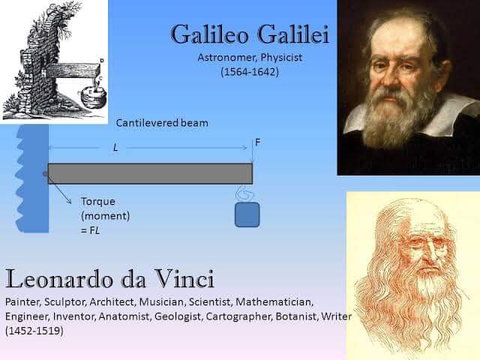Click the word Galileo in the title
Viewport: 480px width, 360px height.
point(209,34)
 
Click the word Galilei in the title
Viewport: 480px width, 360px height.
point(293,34)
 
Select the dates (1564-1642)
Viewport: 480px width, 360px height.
point(250,72)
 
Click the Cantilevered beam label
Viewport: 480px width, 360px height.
point(162,123)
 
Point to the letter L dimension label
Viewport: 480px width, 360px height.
point(115,148)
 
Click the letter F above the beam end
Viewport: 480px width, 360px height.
point(257,142)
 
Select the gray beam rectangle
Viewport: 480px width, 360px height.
point(150,173)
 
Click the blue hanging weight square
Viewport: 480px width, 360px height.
point(247,214)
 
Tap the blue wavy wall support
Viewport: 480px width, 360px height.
point(33,178)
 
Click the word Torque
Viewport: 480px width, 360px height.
point(98,202)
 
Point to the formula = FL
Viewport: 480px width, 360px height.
point(91,230)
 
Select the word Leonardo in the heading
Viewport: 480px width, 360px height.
point(59,278)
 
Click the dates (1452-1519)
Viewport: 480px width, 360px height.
point(34,331)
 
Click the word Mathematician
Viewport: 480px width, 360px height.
point(274,301)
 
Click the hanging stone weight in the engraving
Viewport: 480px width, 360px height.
point(93,97)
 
